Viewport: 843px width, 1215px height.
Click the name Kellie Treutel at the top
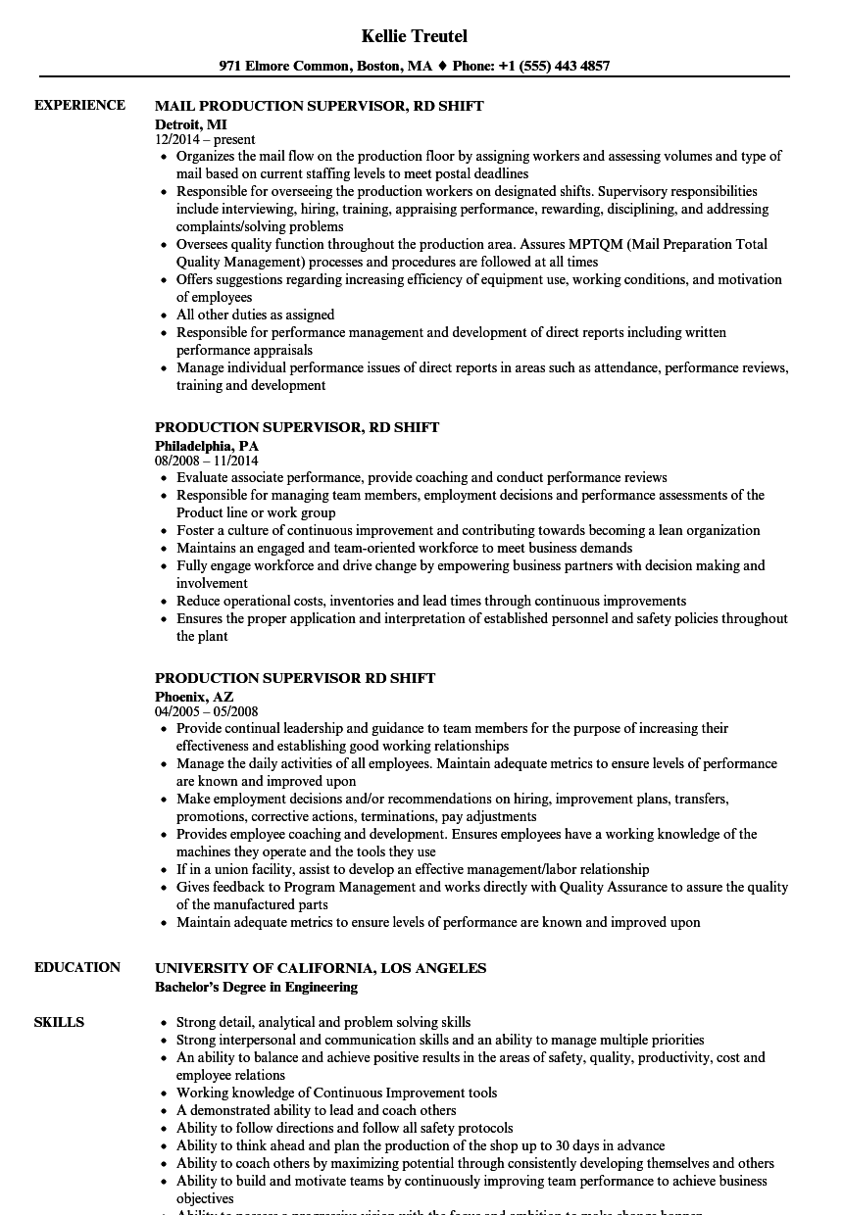[x=414, y=36]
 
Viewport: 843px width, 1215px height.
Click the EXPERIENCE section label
[x=79, y=105]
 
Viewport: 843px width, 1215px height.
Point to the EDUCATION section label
[x=77, y=967]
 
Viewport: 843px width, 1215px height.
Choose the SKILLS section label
[x=59, y=1022]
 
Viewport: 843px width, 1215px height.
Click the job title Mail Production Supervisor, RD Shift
[x=319, y=105]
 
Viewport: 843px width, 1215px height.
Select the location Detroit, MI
[x=190, y=124]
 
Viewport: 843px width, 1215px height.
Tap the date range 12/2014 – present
[x=205, y=139]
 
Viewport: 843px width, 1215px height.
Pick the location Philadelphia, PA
[x=207, y=446]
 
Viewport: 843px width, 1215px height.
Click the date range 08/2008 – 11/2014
[x=206, y=461]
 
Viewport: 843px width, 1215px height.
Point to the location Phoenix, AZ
[x=194, y=697]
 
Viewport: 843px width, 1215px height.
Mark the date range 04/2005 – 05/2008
[x=206, y=711]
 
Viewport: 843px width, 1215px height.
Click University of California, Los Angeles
[x=321, y=967]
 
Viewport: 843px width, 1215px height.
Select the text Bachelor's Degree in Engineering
[x=256, y=987]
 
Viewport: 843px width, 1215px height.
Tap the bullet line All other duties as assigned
[x=255, y=315]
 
